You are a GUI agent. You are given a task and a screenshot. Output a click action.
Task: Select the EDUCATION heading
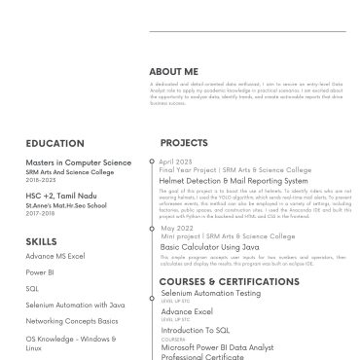pos(54,143)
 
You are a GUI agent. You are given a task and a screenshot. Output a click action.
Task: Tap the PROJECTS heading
pos(183,143)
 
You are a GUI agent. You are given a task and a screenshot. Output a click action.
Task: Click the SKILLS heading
pos(41,239)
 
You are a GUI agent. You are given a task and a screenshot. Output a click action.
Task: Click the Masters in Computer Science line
pos(78,162)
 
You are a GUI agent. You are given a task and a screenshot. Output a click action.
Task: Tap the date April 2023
pos(177,161)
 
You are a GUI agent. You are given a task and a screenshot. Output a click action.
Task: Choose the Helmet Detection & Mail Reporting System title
pos(233,181)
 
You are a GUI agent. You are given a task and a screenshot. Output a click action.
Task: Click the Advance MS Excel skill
pos(55,256)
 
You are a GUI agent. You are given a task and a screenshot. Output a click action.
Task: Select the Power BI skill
pos(40,272)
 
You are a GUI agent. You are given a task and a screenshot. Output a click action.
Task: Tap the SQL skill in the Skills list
pos(32,288)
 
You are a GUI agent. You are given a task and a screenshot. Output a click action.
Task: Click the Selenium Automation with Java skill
pos(76,305)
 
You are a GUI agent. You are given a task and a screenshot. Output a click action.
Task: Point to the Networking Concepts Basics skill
pos(72,320)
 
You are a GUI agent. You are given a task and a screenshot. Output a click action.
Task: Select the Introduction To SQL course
pos(195,331)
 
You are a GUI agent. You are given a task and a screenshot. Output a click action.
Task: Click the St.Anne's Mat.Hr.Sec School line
pos(67,205)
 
